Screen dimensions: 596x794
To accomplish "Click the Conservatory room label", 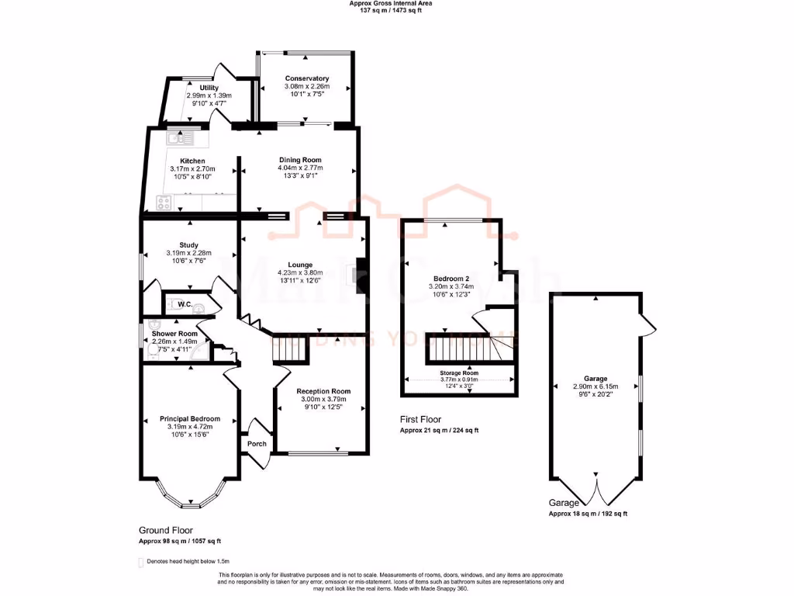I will pyautogui.click(x=307, y=78).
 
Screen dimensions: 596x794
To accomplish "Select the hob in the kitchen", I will pyautogui.click(x=165, y=203).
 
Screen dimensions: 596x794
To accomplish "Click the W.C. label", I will pyautogui.click(x=185, y=304).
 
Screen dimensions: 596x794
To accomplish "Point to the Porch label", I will pyautogui.click(x=257, y=444).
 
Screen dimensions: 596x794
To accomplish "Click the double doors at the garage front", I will pyautogui.click(x=596, y=490).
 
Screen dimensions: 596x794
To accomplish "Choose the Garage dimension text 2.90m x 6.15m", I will pyautogui.click(x=595, y=386).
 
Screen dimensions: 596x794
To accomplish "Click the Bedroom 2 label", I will pyautogui.click(x=451, y=278).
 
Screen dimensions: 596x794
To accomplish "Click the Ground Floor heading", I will pyautogui.click(x=165, y=531).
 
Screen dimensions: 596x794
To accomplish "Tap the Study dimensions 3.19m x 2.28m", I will pyautogui.click(x=188, y=253).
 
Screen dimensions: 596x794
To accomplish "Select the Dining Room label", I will pyautogui.click(x=300, y=160).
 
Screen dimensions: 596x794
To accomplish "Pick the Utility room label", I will pyautogui.click(x=209, y=88).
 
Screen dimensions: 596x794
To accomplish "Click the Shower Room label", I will pyautogui.click(x=174, y=333).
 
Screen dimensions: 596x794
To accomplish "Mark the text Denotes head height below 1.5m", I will pyautogui.click(x=189, y=560).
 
